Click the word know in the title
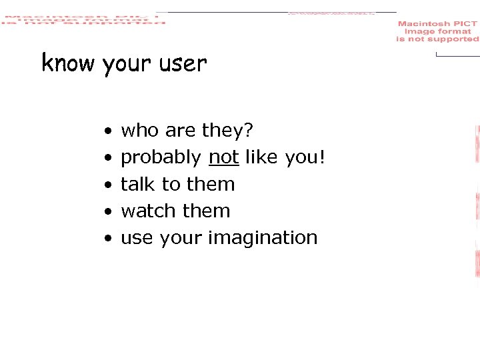click(68, 63)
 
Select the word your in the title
click(128, 65)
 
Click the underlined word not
click(224, 157)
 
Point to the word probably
click(161, 159)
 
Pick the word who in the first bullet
click(137, 131)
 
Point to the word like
click(262, 157)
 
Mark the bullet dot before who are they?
click(107, 131)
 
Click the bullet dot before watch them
click(107, 211)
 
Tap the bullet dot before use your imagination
click(107, 238)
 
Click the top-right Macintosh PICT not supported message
click(437, 31)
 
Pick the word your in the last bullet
click(181, 239)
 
